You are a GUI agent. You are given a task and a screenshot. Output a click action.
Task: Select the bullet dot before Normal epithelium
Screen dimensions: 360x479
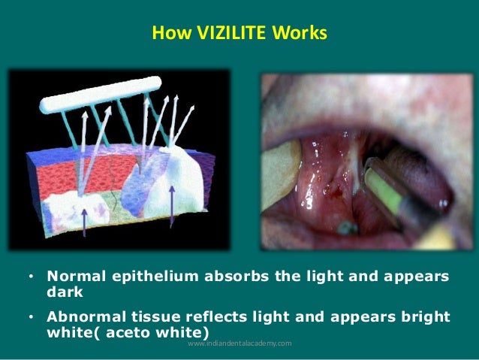tap(30, 278)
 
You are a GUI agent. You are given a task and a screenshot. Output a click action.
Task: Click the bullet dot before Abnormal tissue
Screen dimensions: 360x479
tap(30, 317)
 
